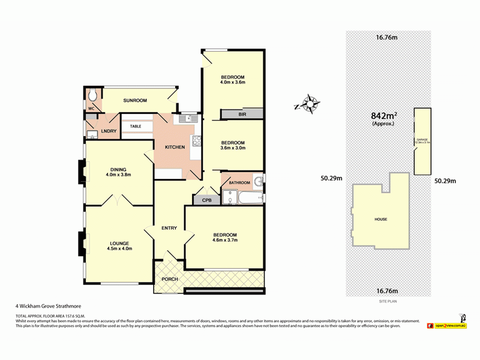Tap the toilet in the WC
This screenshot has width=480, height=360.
pos(92,96)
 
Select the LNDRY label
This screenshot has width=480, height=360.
pos(109,131)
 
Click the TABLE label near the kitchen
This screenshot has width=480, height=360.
pos(136,127)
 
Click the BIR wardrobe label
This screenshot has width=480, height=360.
pos(242,113)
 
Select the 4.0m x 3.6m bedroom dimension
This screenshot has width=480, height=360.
pos(232,82)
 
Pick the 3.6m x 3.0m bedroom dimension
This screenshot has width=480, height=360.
pos(232,148)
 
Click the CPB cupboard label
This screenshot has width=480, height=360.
pos(206,200)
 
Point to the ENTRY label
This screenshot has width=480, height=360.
pos(169,228)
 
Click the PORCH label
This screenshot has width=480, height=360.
pos(170,280)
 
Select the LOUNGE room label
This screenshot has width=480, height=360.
pos(119,242)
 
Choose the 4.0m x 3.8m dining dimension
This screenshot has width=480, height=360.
pos(118,175)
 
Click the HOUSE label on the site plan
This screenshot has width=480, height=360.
pos(381,220)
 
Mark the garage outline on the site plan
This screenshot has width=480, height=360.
pos(422,141)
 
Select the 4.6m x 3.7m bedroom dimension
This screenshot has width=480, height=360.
pos(224,241)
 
